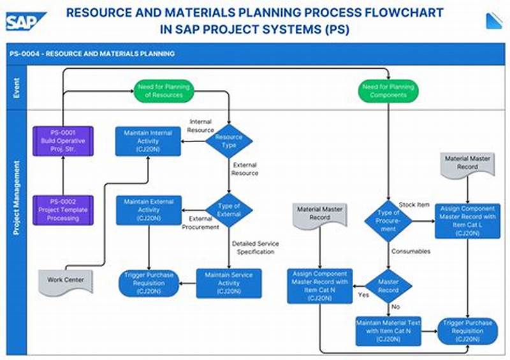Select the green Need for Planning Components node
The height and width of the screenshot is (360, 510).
pos(388,91)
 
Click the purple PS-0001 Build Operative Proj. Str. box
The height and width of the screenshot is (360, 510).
pos(63,141)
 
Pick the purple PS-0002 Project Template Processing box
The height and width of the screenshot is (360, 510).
pos(63,210)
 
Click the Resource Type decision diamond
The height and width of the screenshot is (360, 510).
pos(229,141)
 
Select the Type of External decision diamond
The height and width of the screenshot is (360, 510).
pos(229,210)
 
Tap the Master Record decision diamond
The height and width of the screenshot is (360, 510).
pos(388,286)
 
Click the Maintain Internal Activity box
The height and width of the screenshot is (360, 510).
pos(148,141)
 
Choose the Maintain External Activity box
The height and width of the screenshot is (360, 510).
pos(148,210)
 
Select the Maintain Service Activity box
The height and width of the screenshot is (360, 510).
pos(228,283)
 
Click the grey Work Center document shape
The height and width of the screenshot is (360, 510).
pos(65,281)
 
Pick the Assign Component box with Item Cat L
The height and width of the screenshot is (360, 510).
pos(467,221)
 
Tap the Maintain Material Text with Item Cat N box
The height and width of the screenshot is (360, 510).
pos(388,331)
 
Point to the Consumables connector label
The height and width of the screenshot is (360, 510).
pos(411,251)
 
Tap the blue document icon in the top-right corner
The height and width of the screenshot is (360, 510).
pos(494,20)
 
